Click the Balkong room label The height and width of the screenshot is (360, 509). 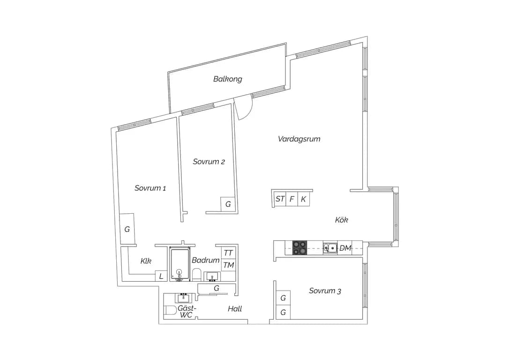[228, 79]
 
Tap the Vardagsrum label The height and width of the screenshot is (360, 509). [299, 139]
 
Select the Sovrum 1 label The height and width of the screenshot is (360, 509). [150, 188]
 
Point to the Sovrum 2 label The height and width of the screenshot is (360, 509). [209, 162]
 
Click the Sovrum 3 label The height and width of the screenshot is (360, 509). [325, 291]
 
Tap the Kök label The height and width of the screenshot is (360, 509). [342, 220]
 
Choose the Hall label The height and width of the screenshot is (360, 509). [235, 309]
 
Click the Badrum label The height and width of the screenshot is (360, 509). [205, 260]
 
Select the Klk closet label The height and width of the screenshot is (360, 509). [146, 261]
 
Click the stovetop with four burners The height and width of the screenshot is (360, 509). [299, 247]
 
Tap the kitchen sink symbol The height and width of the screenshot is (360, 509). [330, 248]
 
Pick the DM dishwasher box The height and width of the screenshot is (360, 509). [345, 248]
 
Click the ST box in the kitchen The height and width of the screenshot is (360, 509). [280, 199]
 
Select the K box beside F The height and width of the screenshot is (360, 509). [304, 199]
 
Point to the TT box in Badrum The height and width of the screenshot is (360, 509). [229, 253]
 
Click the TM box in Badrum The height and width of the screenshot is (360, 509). [229, 265]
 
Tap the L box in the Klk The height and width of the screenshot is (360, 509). [161, 276]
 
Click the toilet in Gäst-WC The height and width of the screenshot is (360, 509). [170, 310]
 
